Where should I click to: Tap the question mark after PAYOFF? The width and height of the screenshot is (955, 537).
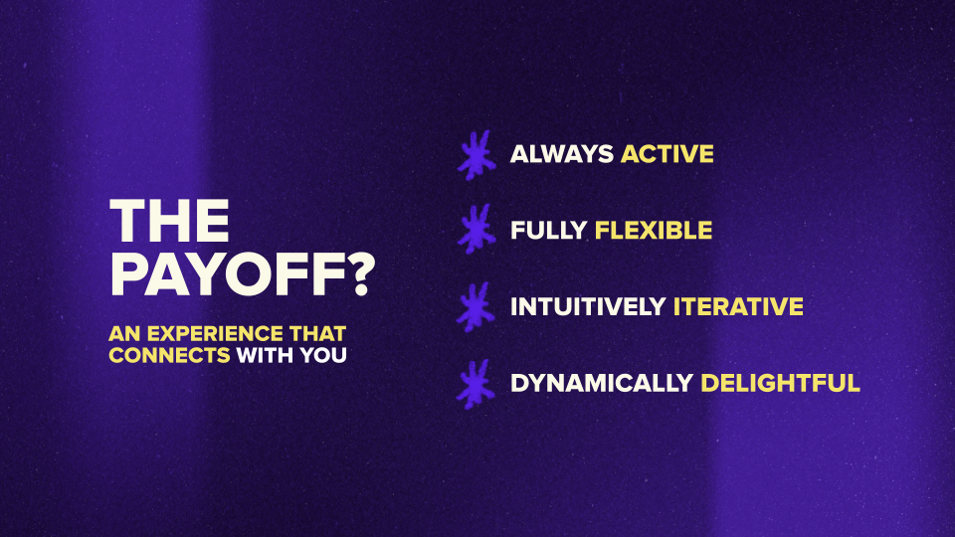(x=356, y=273)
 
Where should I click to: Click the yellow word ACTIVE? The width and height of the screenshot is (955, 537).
(x=668, y=154)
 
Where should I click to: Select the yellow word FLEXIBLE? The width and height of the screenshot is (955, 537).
(x=654, y=231)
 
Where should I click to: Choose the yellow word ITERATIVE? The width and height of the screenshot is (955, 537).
(x=738, y=307)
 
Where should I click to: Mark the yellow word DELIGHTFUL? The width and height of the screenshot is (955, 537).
(x=780, y=383)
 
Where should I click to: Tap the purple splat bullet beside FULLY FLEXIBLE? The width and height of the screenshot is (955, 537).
(x=476, y=230)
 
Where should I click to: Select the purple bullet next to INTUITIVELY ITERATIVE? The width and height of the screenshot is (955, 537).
(x=476, y=306)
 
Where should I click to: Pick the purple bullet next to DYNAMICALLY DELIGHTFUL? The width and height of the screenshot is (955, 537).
(x=476, y=383)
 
